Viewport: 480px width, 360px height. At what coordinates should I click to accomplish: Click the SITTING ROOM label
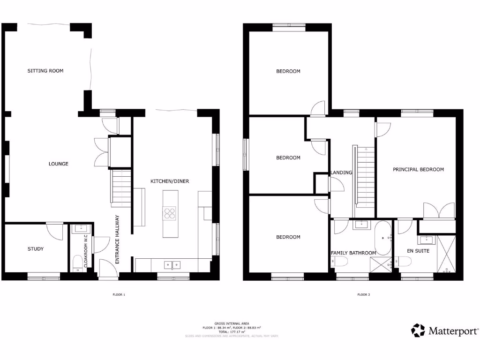pos(45,71)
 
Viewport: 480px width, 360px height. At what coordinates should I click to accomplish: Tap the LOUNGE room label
pos(59,164)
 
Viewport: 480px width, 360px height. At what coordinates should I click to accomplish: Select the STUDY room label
pos(36,249)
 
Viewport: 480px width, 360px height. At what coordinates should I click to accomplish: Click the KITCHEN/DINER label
pos(170,181)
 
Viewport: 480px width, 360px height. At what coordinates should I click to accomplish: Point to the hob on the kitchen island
pos(170,213)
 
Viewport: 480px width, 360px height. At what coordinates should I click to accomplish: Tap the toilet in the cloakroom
pos(77,263)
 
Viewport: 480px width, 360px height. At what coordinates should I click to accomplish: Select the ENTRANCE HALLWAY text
pos(117,239)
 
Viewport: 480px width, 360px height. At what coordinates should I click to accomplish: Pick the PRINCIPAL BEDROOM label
pos(418,169)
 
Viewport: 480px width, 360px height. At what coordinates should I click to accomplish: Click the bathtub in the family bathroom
pos(383,238)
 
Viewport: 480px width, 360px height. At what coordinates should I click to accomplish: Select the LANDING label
pos(341,172)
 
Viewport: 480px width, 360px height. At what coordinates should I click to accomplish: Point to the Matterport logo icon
pos(418,330)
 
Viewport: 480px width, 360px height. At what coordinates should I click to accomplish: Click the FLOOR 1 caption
pos(119,295)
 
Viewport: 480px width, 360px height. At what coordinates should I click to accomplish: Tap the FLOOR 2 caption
pos(364,295)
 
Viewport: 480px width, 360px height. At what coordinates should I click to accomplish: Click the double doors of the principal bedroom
pos(439,210)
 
